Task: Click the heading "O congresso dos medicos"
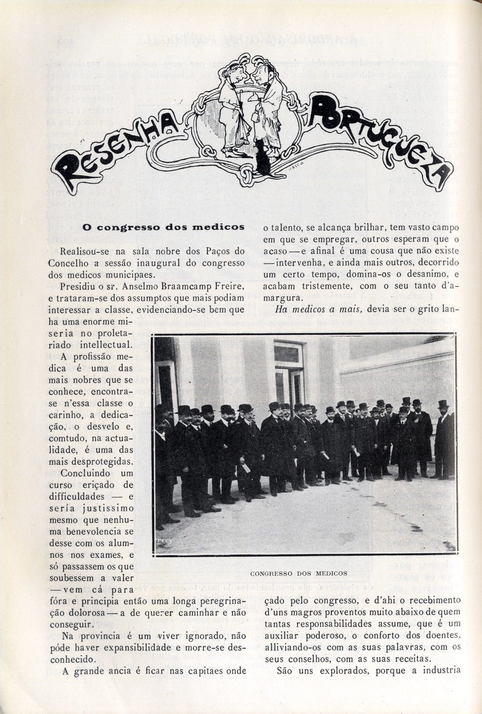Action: (163, 228)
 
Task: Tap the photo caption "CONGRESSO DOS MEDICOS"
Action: (299, 573)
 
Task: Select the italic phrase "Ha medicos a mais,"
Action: (319, 309)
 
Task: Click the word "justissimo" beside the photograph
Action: (108, 508)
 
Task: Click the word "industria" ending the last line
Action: (442, 670)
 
